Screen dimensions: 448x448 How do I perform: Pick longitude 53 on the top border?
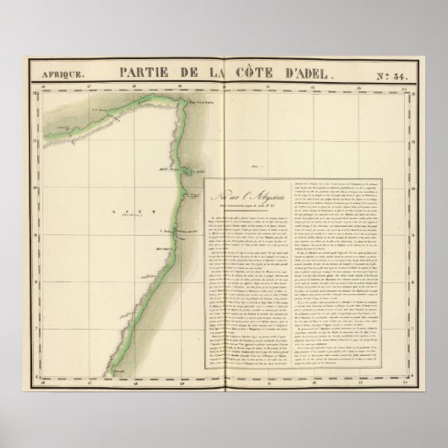coord(362,87)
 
